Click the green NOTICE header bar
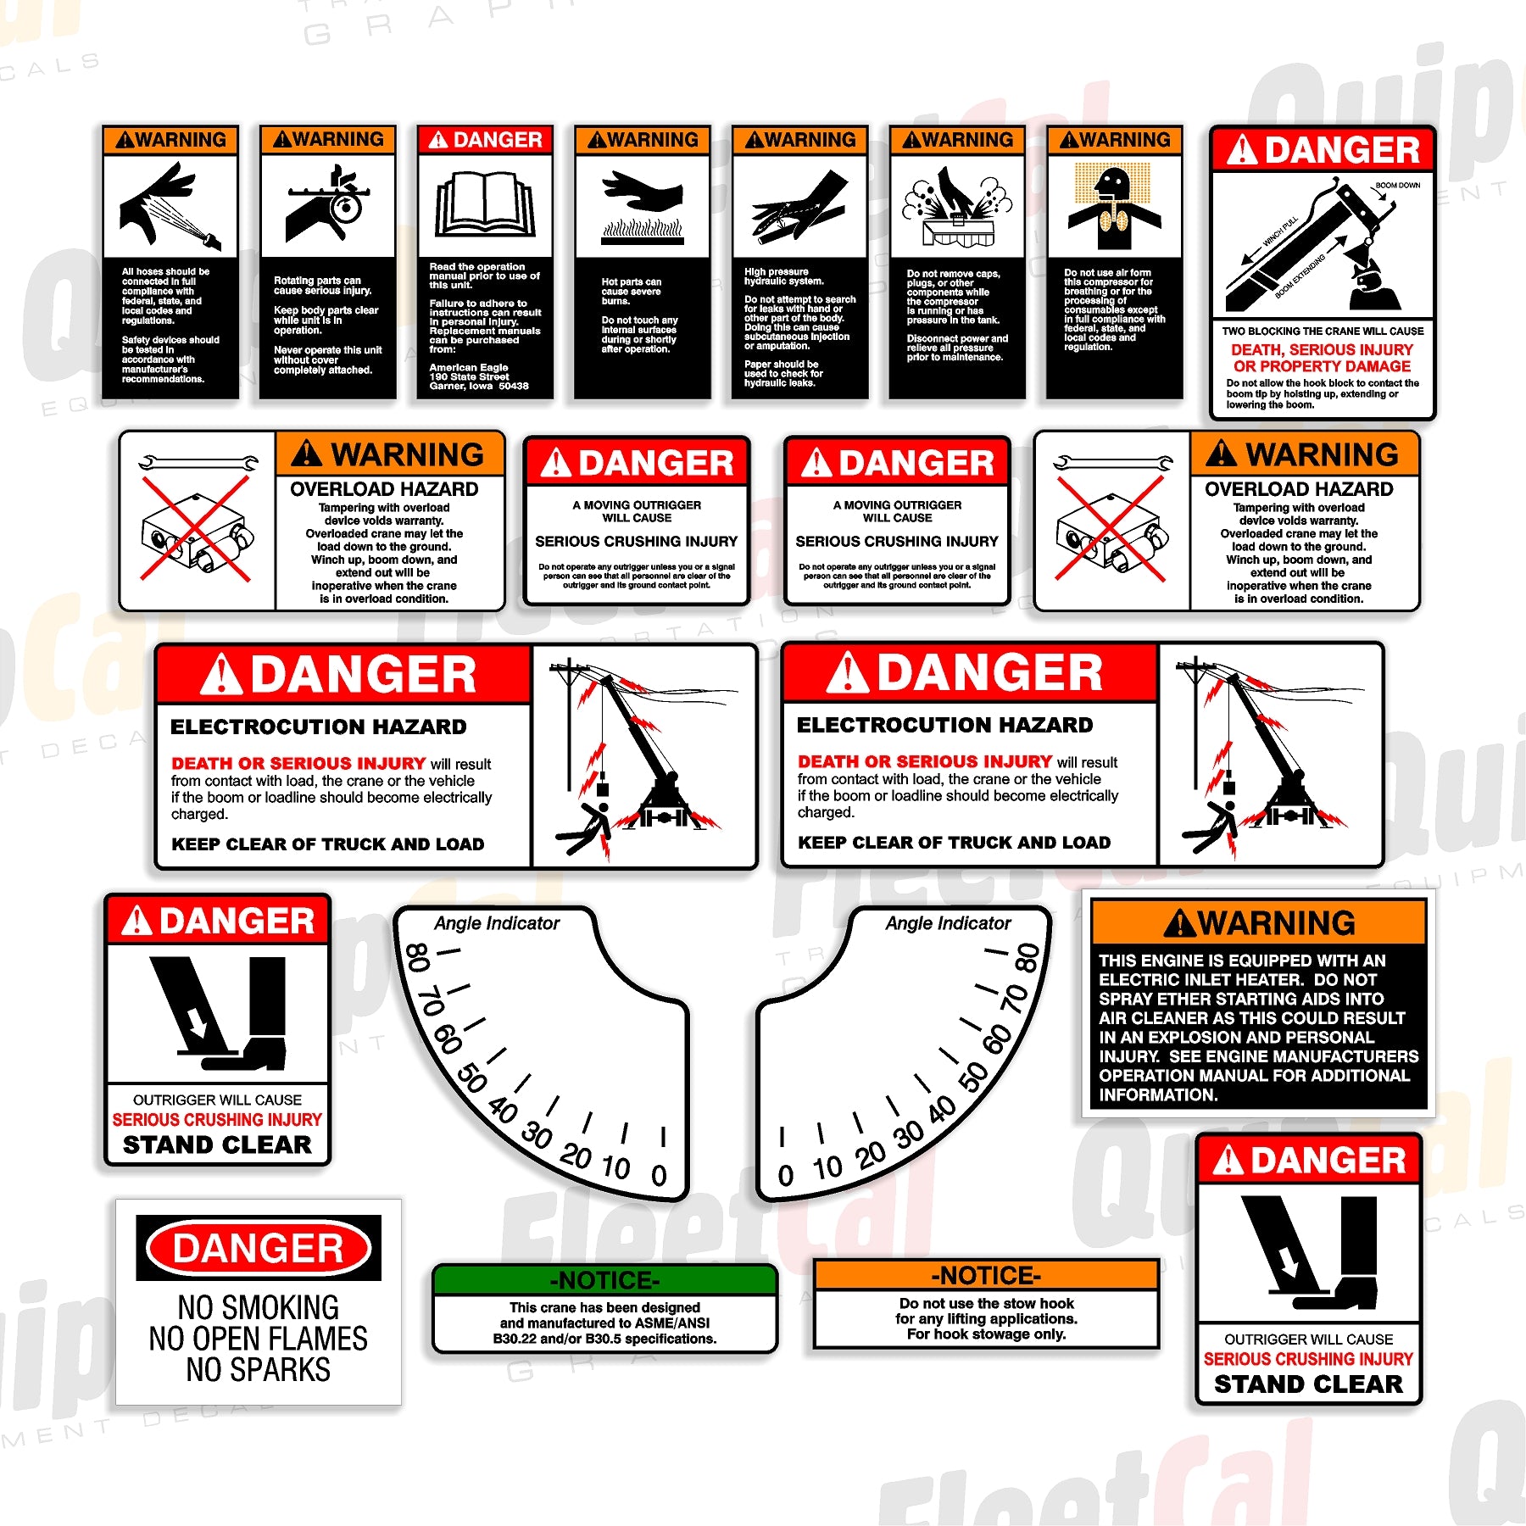[x=604, y=1279]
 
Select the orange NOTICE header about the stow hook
[x=985, y=1275]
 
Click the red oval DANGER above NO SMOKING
[x=259, y=1248]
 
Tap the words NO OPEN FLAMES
[x=259, y=1339]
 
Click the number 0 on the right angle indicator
[x=785, y=1175]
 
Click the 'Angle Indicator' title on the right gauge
[x=948, y=923]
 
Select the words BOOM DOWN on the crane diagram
[x=1397, y=185]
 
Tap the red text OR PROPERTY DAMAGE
[x=1322, y=366]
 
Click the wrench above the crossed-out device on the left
[x=198, y=463]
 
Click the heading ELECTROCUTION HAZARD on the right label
[x=944, y=725]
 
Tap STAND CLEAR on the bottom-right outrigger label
[x=1308, y=1384]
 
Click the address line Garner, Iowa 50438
[x=478, y=386]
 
